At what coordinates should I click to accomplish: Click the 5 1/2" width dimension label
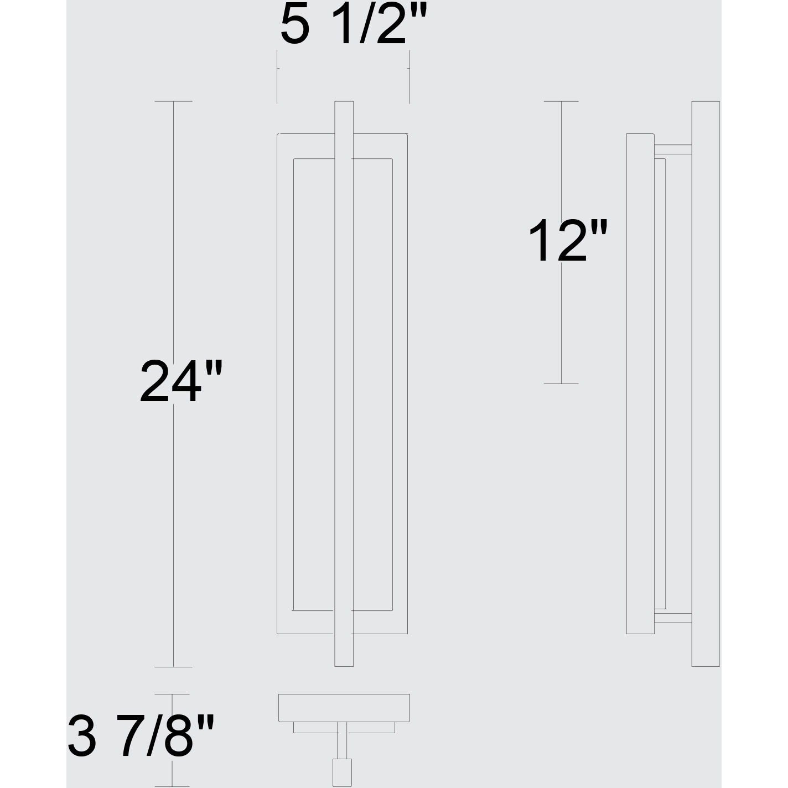(354, 25)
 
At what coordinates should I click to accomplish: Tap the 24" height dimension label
(180, 381)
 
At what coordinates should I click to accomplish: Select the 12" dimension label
(568, 240)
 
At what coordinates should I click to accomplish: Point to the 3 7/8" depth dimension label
(141, 736)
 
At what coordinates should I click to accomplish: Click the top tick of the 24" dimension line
(174, 101)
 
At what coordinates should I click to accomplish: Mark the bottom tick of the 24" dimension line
(174, 667)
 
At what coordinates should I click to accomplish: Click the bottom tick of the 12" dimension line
(561, 383)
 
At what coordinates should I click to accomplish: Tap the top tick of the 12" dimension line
(561, 101)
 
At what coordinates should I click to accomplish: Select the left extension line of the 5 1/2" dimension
(277, 77)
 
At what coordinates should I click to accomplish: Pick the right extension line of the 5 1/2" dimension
(409, 77)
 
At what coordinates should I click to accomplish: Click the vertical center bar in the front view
(344, 387)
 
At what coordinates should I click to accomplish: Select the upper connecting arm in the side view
(673, 149)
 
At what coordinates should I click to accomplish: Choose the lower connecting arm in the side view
(673, 619)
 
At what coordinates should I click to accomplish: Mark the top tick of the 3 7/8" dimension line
(173, 694)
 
